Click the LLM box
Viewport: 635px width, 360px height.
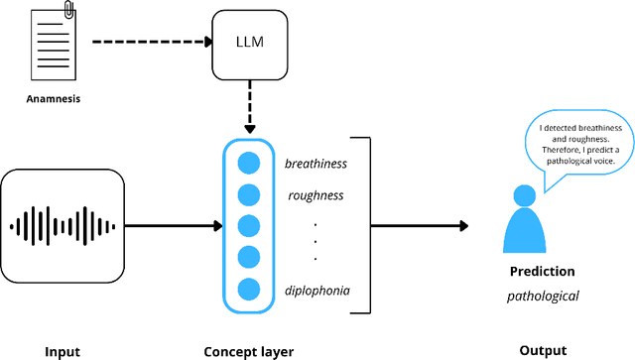(x=248, y=44)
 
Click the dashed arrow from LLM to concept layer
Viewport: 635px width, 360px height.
(x=249, y=108)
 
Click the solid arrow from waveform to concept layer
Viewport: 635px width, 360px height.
(x=174, y=226)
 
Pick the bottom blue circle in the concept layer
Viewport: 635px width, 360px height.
(x=249, y=290)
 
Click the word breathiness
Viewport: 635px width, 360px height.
(x=314, y=163)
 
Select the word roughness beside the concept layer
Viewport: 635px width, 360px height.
(x=315, y=195)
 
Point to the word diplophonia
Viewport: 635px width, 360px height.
(x=317, y=290)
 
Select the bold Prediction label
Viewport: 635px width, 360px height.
(x=541, y=271)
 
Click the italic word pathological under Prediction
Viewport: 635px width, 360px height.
(x=542, y=296)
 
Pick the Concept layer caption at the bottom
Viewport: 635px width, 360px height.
(x=248, y=350)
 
